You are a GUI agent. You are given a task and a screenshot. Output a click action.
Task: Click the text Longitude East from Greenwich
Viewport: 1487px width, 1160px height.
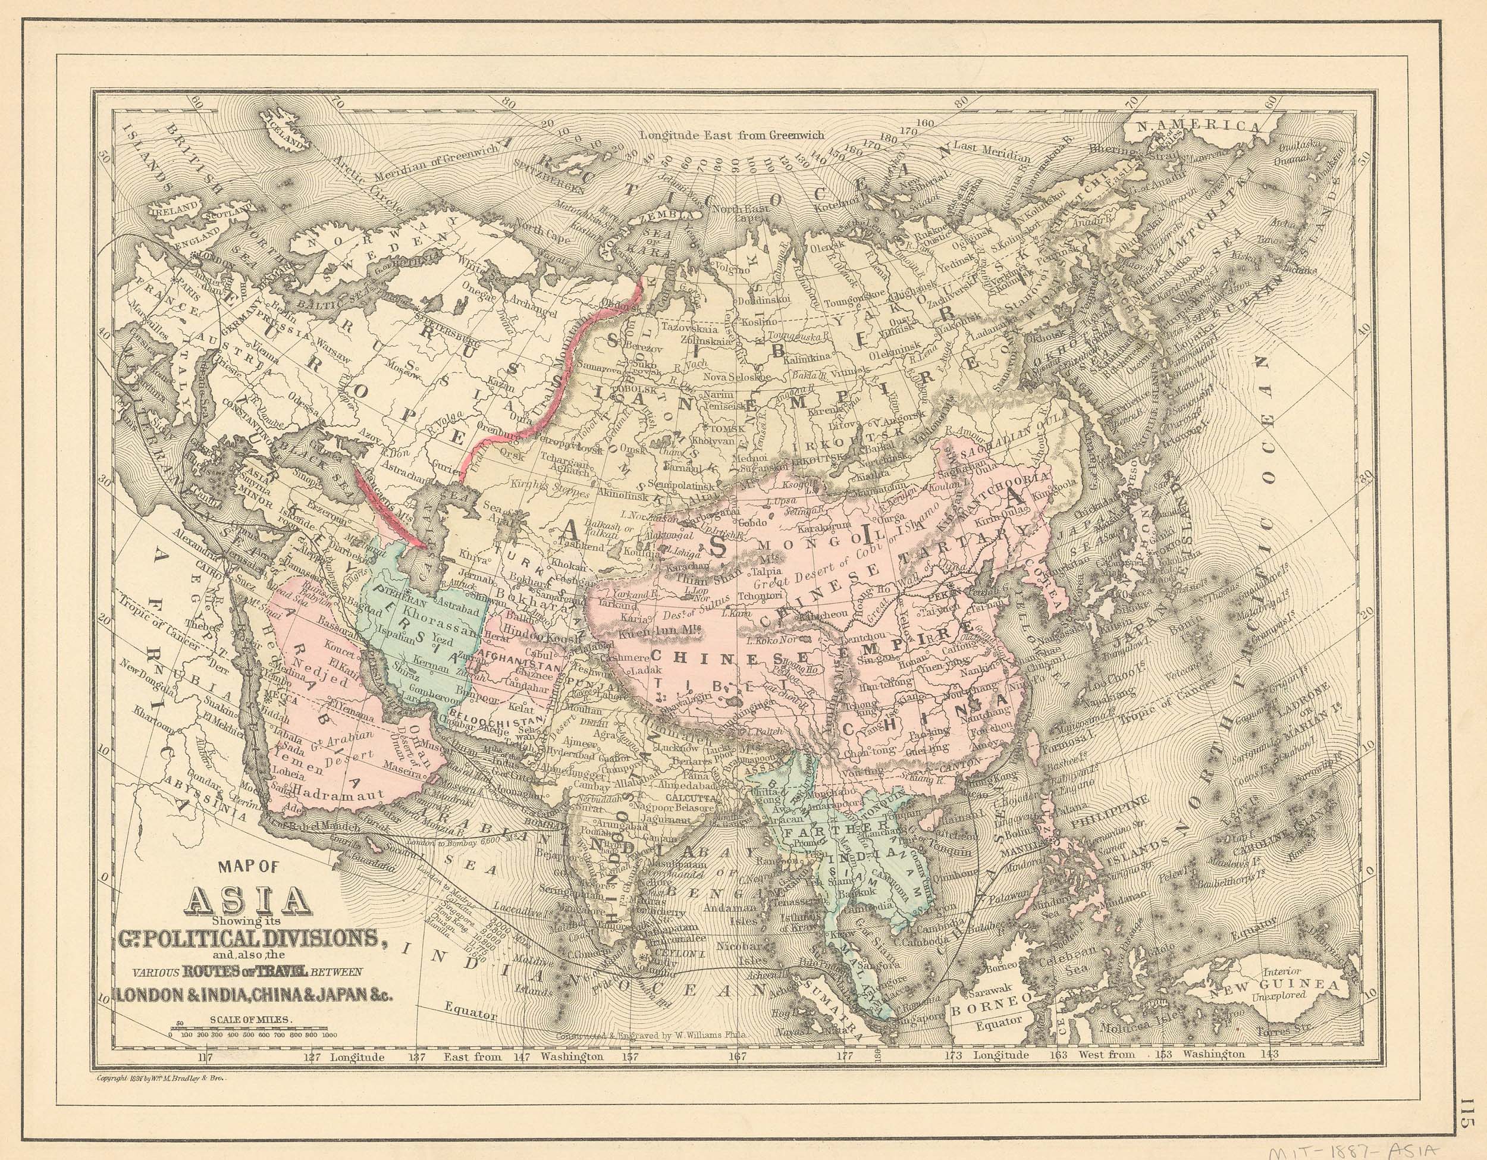click(x=732, y=135)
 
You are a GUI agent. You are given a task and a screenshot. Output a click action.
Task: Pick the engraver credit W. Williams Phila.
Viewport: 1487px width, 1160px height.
click(x=651, y=1033)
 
